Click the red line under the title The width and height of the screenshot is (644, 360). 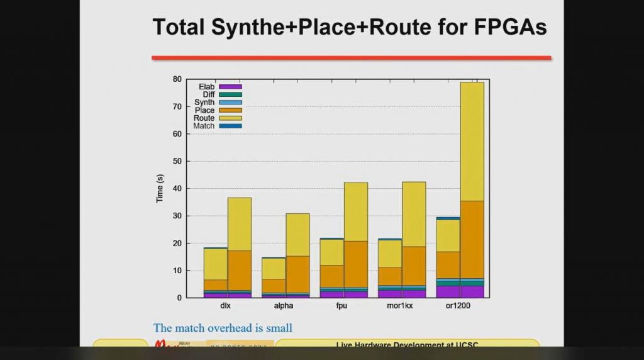[x=351, y=58]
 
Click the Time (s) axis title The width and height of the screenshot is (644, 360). [x=160, y=188]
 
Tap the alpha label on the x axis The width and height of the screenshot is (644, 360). [x=284, y=307]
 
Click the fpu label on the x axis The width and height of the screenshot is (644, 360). [x=343, y=307]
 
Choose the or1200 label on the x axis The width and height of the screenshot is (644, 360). [x=460, y=307]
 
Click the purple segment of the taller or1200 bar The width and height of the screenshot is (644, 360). [x=472, y=291]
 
